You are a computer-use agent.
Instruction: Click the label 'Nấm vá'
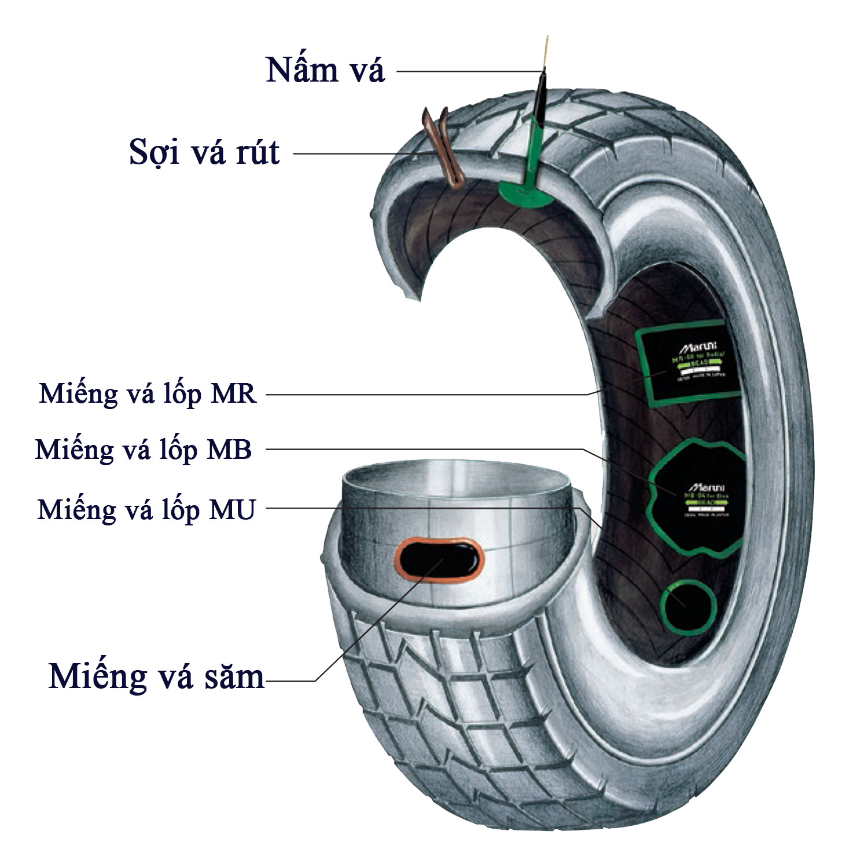tap(325, 71)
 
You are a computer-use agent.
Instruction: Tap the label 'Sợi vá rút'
tap(204, 153)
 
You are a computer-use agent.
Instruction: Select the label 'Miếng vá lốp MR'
tap(148, 394)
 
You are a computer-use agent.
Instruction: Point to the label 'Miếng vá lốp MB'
tap(144, 450)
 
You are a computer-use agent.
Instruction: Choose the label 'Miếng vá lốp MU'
tap(146, 510)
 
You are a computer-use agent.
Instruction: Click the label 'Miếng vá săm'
tap(156, 676)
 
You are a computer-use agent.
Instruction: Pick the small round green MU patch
tap(687, 608)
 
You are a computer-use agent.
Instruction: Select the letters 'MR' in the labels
tap(234, 394)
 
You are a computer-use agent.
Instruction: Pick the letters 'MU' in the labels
tap(233, 510)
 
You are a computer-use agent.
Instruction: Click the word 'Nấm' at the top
tap(295, 71)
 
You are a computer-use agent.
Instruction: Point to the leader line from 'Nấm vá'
tap(469, 72)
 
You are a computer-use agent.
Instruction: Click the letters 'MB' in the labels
tap(230, 450)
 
